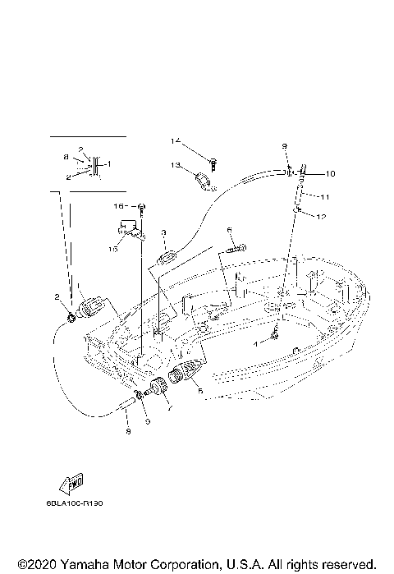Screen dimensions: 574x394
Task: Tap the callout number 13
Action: tap(175, 166)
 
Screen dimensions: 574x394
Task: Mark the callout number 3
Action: tap(164, 233)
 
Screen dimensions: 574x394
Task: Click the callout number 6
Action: tap(231, 230)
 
